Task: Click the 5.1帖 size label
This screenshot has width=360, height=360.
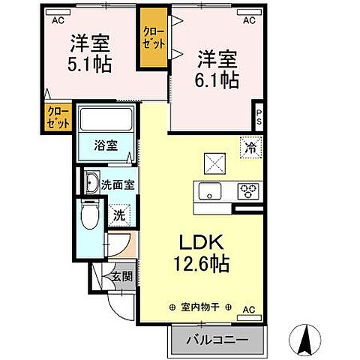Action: coord(92,65)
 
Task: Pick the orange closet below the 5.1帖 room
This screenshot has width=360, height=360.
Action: coord(56,118)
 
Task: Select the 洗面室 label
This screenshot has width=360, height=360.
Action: coord(118,184)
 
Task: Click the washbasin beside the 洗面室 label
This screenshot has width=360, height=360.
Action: coord(91,184)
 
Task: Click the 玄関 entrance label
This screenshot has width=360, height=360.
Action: coord(122,276)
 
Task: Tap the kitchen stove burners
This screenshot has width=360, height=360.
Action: coord(248,191)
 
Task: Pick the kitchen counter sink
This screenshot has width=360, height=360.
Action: coord(208,191)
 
